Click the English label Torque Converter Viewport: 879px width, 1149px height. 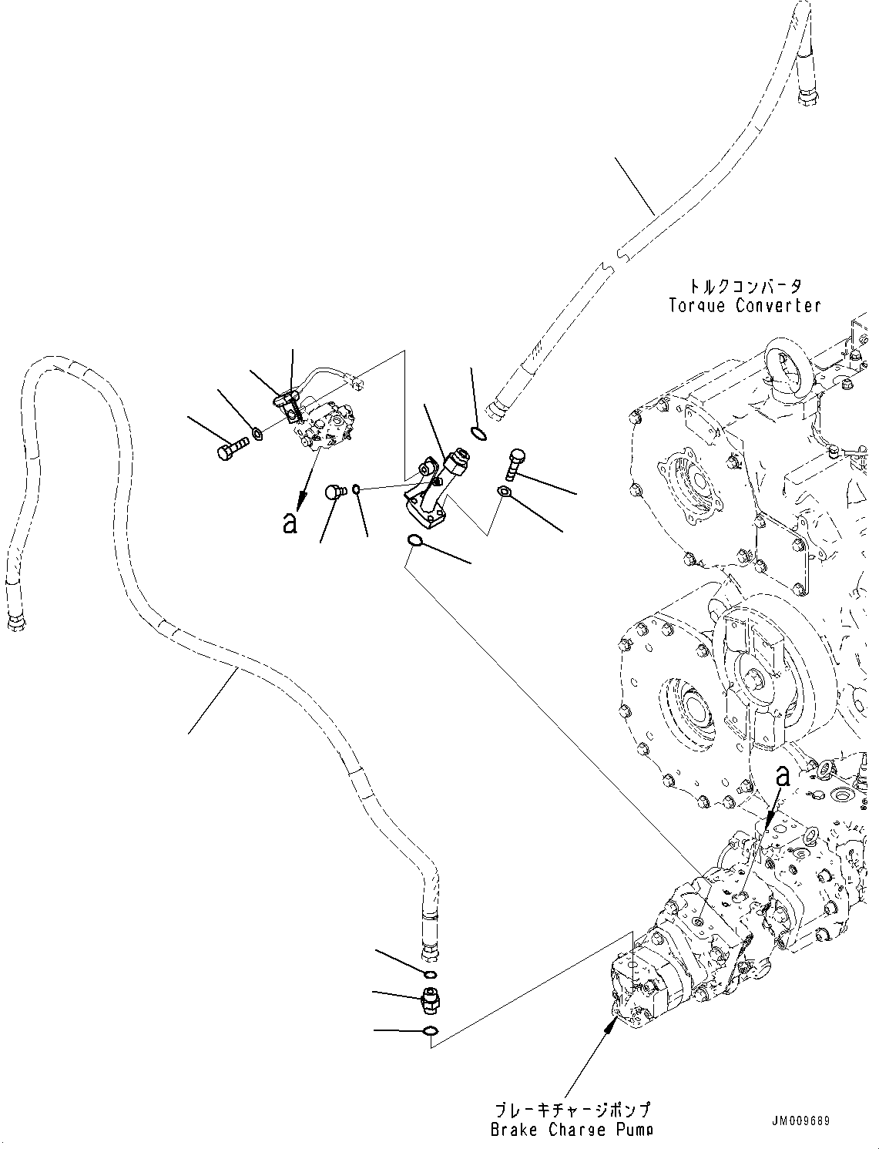pos(745,305)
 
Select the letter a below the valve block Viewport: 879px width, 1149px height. pos(290,522)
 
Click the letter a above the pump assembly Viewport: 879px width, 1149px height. pos(782,791)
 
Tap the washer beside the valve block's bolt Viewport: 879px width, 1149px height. pos(257,433)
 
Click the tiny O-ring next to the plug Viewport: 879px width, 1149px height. pos(356,489)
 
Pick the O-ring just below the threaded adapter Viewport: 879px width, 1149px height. pos(431,1030)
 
